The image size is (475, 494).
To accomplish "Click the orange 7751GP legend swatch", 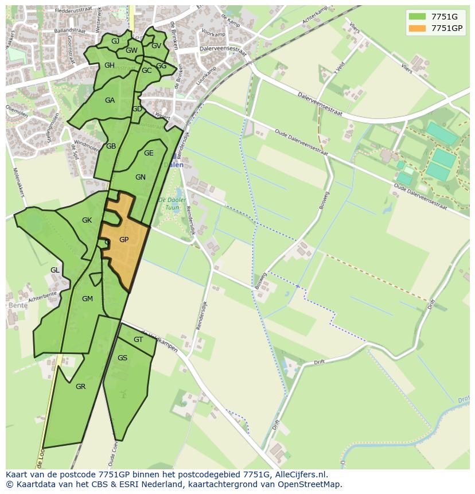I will tap(417, 28).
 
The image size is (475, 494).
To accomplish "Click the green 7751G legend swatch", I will tap(417, 16).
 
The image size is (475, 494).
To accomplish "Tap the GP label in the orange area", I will tap(124, 239).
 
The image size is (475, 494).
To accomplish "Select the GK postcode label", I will tap(87, 220).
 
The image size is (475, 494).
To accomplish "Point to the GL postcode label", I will tap(54, 270).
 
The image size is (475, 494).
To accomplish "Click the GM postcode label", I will tap(87, 298).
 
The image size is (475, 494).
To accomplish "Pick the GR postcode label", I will tap(80, 387).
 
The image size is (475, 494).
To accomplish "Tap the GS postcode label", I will tap(122, 358).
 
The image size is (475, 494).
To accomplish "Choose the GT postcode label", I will tap(138, 340).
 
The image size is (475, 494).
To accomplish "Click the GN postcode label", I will tap(141, 177).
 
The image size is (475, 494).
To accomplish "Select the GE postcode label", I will tap(149, 153).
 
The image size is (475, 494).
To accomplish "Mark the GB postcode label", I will tap(111, 146).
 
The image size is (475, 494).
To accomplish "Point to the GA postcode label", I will tap(110, 100).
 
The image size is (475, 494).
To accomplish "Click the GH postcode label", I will tap(110, 65).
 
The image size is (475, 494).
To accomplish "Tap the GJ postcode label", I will tap(115, 41).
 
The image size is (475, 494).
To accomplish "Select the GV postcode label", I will tap(156, 46).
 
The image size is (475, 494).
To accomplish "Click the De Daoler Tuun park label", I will tap(172, 203).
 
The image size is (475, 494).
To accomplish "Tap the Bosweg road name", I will tap(324, 200).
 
